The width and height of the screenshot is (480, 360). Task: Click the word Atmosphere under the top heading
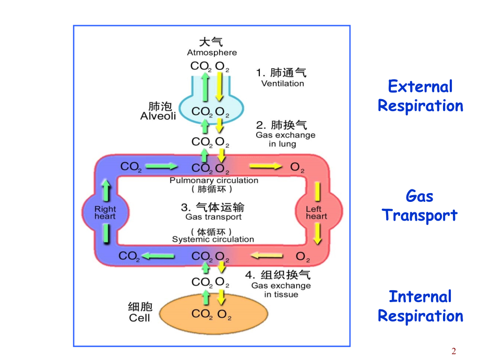(x=212, y=53)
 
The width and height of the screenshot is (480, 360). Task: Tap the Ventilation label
(x=282, y=83)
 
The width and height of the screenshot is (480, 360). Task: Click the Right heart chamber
(x=105, y=213)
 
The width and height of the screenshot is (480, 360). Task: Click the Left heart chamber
(x=317, y=213)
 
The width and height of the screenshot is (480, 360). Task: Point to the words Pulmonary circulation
(x=214, y=181)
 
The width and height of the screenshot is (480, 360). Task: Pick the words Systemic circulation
(x=213, y=239)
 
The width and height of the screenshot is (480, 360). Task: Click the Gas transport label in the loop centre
(x=213, y=217)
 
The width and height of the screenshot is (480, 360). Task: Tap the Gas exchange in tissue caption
(x=281, y=290)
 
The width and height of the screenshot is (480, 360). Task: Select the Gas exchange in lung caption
(x=285, y=139)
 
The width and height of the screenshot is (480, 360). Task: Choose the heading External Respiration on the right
(x=420, y=96)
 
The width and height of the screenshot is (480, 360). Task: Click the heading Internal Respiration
(x=420, y=306)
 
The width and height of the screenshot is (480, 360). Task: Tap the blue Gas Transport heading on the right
(x=420, y=206)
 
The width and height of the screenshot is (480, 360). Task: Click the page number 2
(x=454, y=351)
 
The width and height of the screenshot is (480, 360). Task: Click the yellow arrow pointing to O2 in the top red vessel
(x=266, y=166)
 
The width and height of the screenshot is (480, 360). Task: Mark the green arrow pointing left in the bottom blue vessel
(x=159, y=256)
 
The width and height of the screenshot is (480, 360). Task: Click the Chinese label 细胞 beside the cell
(x=139, y=306)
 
